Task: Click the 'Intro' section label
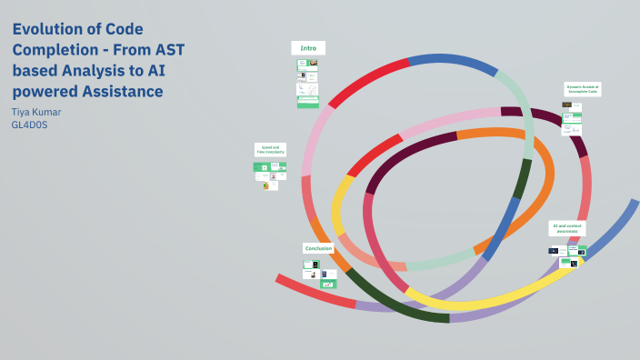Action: pos(307,47)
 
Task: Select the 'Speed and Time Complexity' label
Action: pos(271,149)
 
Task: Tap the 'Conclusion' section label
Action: pos(318,248)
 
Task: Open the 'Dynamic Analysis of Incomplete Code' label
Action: pos(582,89)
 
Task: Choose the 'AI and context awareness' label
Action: pos(567,228)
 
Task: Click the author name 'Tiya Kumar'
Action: pos(36,112)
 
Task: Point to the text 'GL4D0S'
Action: pos(29,125)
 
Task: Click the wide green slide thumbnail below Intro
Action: pos(307,101)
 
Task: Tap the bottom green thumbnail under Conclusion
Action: pos(328,284)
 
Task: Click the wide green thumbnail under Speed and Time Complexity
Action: pos(269,167)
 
